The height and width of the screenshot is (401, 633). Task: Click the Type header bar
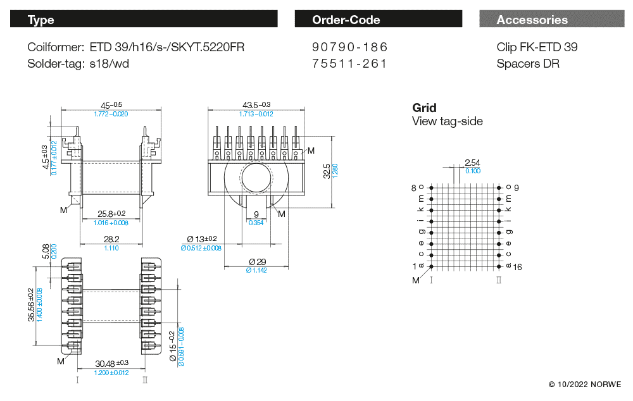point(144,20)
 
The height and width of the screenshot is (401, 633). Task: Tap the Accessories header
point(551,20)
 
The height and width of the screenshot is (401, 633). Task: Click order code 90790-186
point(350,47)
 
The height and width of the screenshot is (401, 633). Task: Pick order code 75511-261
point(350,63)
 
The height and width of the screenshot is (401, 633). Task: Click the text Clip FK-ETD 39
point(537,47)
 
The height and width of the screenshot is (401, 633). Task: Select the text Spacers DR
point(528,63)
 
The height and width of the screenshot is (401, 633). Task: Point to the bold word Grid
point(424,108)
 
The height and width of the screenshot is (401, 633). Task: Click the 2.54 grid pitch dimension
point(472,163)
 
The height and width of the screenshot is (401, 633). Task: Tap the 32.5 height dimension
point(326,171)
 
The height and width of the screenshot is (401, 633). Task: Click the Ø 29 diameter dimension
point(256,262)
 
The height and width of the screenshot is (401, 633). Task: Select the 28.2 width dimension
point(111,239)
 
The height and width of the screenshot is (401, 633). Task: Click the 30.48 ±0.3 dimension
point(111,363)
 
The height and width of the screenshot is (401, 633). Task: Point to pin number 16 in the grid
point(517,267)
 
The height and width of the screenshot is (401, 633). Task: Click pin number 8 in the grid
point(414,188)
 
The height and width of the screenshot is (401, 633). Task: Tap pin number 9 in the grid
point(517,188)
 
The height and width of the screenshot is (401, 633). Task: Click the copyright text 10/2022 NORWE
point(585,384)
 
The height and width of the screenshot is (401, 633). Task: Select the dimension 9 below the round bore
point(256,214)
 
